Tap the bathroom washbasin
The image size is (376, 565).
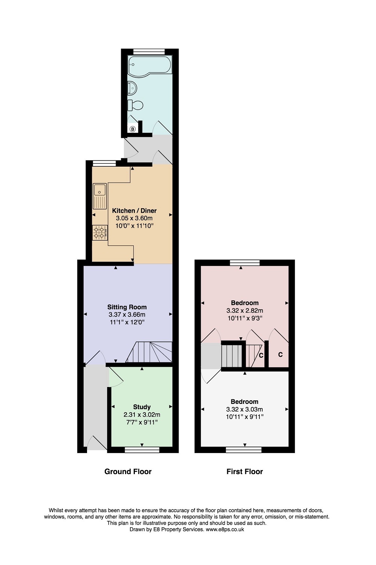pyautogui.click(x=132, y=88)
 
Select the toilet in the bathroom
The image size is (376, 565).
pyautogui.click(x=135, y=105)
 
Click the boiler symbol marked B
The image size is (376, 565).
pyautogui.click(x=133, y=129)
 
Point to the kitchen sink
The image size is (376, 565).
pyautogui.click(x=100, y=196)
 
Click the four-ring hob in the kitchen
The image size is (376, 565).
pyautogui.click(x=100, y=233)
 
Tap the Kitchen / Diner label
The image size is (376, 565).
pyautogui.click(x=135, y=210)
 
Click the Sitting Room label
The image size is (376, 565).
pyautogui.click(x=127, y=307)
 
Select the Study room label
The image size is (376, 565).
pyautogui.click(x=142, y=407)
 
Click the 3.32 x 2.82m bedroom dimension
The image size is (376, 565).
pyautogui.click(x=245, y=310)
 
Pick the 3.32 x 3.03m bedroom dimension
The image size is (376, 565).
pyautogui.click(x=245, y=409)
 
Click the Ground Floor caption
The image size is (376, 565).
pyautogui.click(x=128, y=472)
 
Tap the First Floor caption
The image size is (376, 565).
pyautogui.click(x=245, y=472)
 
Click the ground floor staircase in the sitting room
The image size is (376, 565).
pyautogui.click(x=149, y=352)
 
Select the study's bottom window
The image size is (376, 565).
pyautogui.click(x=142, y=450)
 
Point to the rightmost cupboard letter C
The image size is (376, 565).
pyautogui.click(x=280, y=355)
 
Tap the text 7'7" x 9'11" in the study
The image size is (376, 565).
pyautogui.click(x=142, y=422)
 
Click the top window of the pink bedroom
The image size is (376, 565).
pyautogui.click(x=245, y=263)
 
